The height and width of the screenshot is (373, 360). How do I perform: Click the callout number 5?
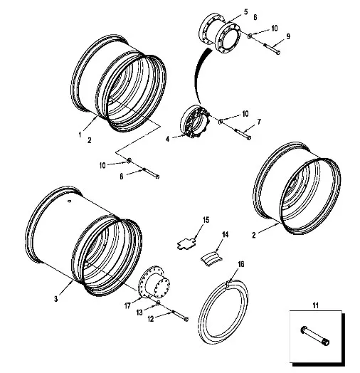pos(245,11)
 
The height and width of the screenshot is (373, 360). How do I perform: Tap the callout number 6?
pos(255,17)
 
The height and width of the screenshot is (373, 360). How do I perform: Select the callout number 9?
pos(288,36)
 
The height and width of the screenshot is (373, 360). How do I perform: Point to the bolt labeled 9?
pos(271,48)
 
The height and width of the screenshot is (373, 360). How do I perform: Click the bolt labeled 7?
pos(243,134)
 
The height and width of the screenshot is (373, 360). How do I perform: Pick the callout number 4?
pos(168,139)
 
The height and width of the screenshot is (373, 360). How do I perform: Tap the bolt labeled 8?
pos(151,173)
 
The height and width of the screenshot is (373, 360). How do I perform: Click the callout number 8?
pos(121,177)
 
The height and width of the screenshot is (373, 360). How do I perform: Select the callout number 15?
pos(206,220)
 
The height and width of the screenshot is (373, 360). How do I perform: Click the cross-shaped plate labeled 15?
pos(187,244)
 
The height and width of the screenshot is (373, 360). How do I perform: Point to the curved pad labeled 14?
pos(211,258)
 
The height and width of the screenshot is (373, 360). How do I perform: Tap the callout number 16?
pos(241,264)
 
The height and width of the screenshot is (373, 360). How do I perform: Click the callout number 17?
pos(127,305)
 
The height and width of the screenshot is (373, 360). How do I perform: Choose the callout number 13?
pos(139,312)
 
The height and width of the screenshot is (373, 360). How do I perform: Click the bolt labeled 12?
pos(180,315)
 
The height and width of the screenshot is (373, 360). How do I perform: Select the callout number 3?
pos(56,299)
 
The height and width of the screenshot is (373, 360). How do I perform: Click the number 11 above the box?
pos(315,305)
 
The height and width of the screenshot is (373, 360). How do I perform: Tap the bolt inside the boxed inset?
pos(315,337)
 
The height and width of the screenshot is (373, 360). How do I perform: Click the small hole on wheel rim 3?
pos(70,201)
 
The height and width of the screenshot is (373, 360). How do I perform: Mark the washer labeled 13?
pos(158,303)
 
